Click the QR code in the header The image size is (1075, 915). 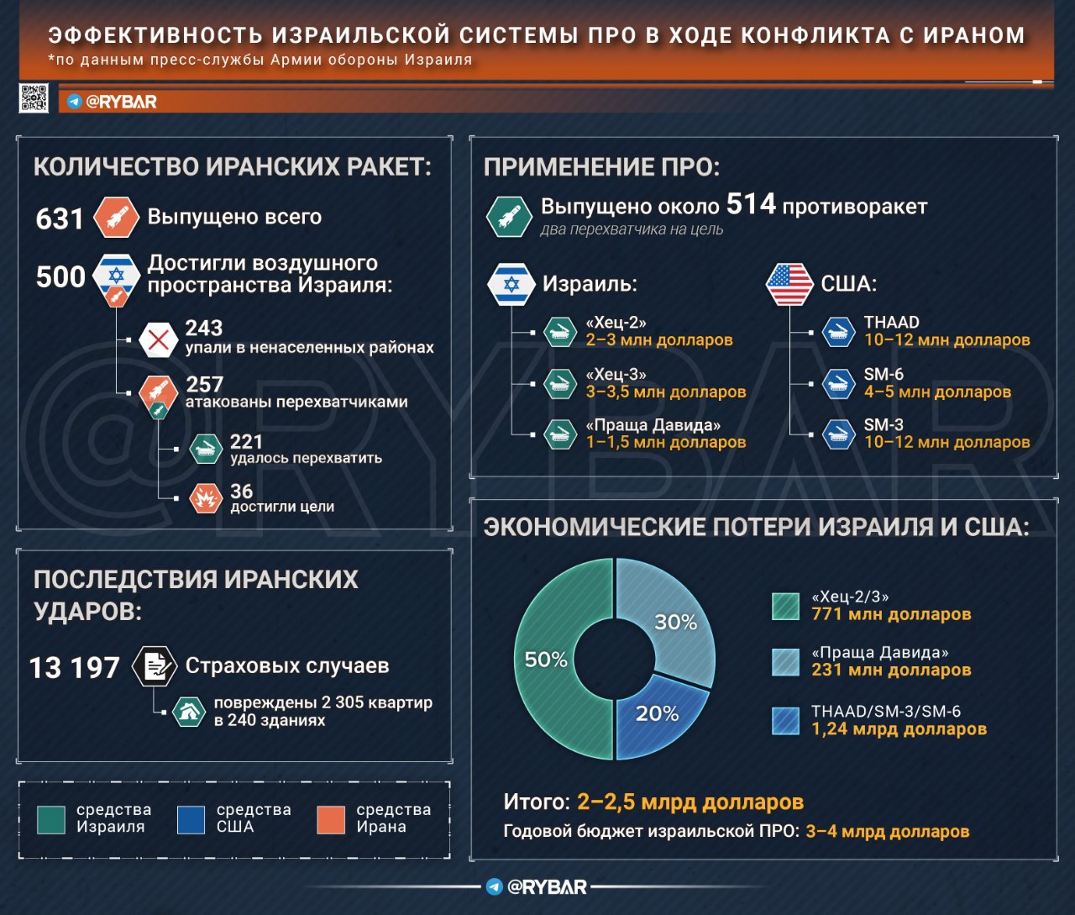(x=34, y=98)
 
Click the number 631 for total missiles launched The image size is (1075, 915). (x=60, y=218)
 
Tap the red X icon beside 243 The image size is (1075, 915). (x=158, y=339)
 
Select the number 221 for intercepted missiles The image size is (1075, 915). (x=246, y=441)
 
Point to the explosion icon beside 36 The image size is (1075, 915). (x=205, y=498)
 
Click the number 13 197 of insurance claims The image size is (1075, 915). (x=75, y=668)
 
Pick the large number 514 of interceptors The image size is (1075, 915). (x=750, y=204)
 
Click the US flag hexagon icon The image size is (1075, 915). (x=789, y=284)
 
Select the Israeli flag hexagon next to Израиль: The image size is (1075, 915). (x=511, y=284)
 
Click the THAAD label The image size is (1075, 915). (x=891, y=322)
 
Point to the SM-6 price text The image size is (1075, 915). (x=937, y=392)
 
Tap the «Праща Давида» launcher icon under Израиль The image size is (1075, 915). (x=558, y=434)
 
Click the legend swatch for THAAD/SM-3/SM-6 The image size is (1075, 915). (x=785, y=721)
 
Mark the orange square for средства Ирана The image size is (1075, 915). (x=331, y=819)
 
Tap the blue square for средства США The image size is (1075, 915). (x=191, y=819)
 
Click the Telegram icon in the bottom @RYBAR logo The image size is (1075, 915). (x=495, y=886)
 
